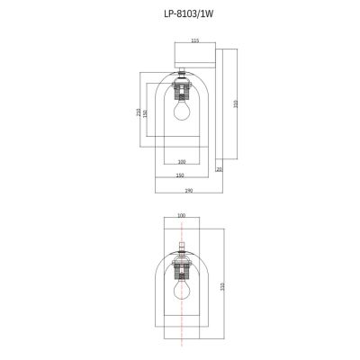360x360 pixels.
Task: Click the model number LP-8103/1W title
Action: (180, 13)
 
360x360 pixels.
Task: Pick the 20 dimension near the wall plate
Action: (218, 168)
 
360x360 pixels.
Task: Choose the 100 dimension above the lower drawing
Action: (181, 217)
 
